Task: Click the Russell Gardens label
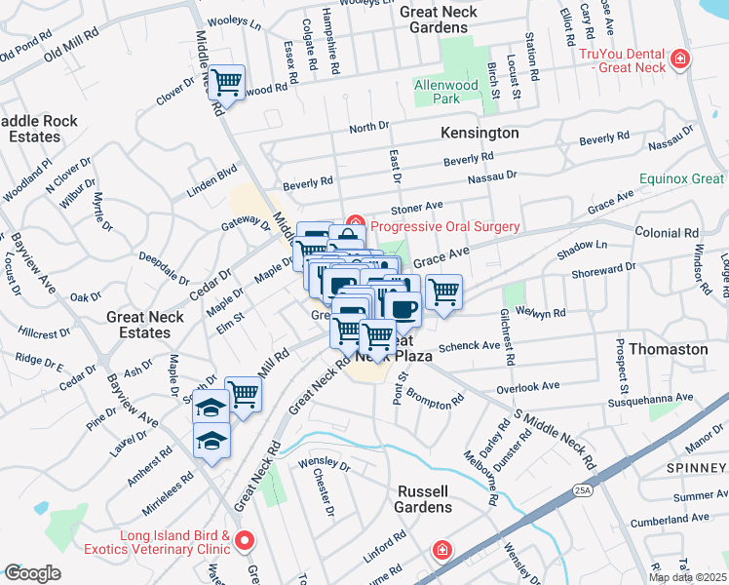point(423,499)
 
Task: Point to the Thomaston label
point(669,348)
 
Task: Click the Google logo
point(32,573)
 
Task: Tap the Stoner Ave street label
point(416,207)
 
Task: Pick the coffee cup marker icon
point(402,307)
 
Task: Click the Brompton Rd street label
point(436,400)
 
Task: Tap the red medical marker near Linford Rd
point(442,551)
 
